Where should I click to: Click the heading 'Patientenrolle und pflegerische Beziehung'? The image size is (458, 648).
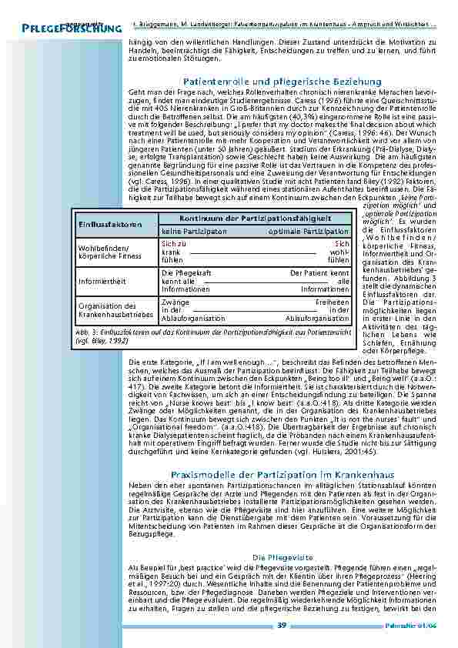point(282,81)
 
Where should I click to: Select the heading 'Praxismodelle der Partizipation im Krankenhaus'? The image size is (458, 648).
point(282,454)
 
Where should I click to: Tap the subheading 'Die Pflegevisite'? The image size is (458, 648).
point(282,555)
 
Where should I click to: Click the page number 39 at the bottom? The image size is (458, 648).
point(282,625)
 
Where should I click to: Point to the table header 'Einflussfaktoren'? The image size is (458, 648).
point(109,224)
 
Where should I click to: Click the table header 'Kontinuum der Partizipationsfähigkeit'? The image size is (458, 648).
point(253,219)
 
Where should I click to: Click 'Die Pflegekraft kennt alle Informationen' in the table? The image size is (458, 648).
point(186,281)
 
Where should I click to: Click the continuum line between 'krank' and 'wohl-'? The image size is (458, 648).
point(254,252)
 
